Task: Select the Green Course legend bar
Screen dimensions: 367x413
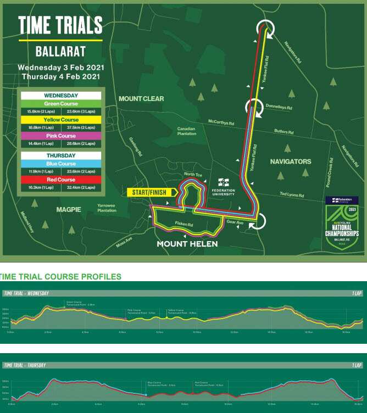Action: tap(61, 104)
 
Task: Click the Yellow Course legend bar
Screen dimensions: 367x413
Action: tap(61, 120)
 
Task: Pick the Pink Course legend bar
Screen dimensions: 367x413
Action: tap(61, 135)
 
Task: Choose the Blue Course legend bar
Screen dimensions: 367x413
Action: tap(61, 164)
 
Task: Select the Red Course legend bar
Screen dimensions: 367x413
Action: tap(61, 179)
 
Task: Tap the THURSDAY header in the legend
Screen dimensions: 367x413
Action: tap(61, 155)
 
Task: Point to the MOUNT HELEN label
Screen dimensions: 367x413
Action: tap(187, 244)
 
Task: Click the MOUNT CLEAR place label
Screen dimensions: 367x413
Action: tap(141, 99)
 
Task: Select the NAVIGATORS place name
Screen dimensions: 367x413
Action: tap(291, 161)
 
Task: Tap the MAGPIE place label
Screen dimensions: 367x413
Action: tap(69, 209)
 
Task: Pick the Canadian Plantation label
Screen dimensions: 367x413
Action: tap(187, 132)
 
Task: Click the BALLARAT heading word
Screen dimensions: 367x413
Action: tap(60, 52)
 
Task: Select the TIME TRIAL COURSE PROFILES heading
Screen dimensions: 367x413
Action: tap(62, 276)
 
